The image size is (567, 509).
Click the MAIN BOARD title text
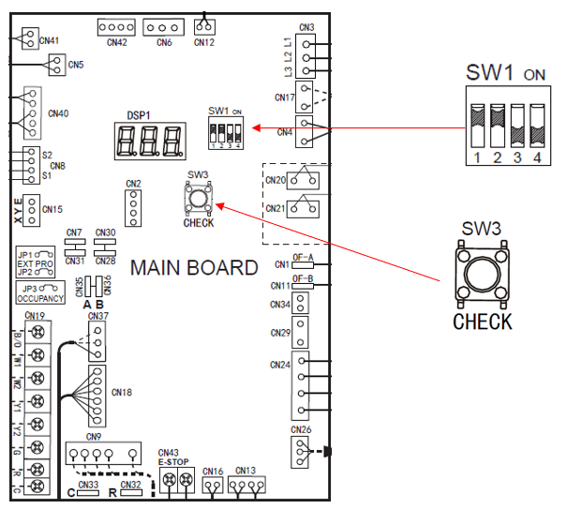point(194,268)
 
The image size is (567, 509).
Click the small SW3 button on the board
point(199,198)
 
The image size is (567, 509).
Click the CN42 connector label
point(116,42)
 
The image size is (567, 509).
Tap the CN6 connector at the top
point(164,27)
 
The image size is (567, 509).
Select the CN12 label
point(204,42)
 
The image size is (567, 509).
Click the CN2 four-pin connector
point(134,207)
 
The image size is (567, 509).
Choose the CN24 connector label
point(280,364)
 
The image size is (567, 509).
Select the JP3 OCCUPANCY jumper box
point(40,292)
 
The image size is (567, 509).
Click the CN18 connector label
point(122,391)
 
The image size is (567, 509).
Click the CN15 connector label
point(52,209)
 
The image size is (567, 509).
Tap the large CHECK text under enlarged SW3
point(483,322)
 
